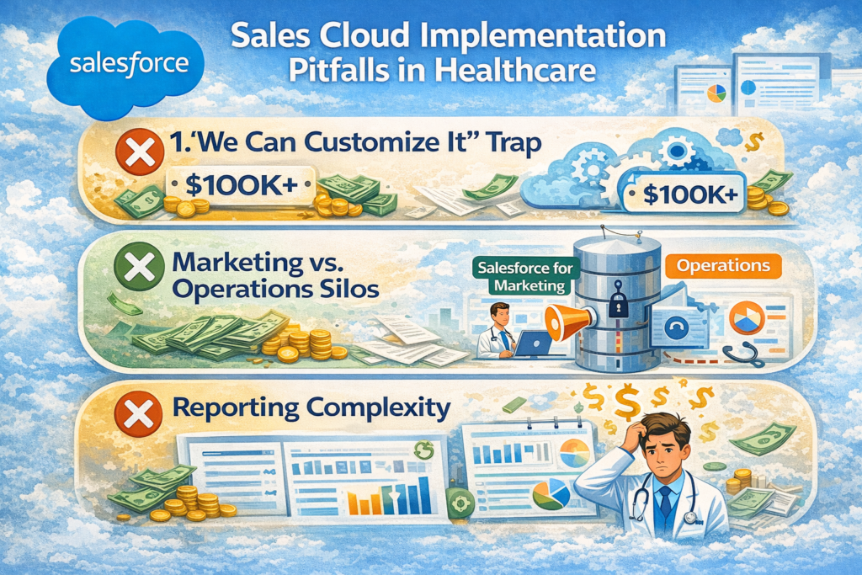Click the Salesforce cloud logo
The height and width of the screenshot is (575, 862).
pos(125,66)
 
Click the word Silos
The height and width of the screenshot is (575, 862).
pos(343,290)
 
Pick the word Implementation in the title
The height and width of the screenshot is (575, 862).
pos(557,37)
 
